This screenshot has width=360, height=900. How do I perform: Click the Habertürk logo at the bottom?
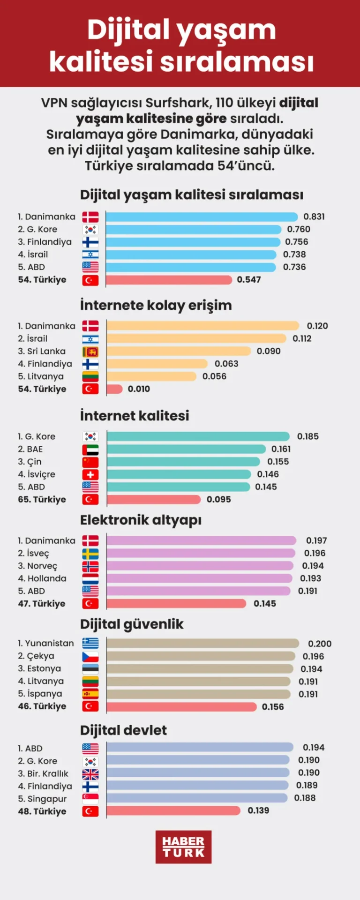coord(183,847)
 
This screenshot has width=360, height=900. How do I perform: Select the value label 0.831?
coord(314,217)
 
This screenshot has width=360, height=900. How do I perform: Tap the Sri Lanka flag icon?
coord(90,352)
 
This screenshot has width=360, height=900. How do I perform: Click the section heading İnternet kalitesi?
coord(135,415)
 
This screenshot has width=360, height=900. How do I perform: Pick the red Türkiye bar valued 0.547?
coord(169,280)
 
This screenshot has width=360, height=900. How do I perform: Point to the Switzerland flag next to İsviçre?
coord(90,474)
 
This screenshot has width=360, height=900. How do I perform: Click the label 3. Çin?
coord(30,462)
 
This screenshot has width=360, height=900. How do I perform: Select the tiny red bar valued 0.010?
coord(114,389)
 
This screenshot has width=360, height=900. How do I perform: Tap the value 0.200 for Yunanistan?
coord(320,644)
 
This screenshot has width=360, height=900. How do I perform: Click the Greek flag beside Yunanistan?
coord(90,643)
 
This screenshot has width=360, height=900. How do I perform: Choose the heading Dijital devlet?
coord(123,730)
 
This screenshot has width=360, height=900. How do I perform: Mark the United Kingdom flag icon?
coord(90,774)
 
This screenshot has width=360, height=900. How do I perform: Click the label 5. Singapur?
coord(42,799)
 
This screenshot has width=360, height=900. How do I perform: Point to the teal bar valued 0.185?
coord(198,436)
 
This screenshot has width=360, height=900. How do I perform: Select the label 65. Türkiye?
coord(42,499)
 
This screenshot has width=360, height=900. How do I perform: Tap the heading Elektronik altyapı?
coord(141,520)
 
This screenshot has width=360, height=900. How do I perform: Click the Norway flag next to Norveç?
coord(90,566)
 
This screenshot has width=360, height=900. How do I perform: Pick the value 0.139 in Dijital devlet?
coord(258,810)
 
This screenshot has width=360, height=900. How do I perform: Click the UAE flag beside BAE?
coord(90,450)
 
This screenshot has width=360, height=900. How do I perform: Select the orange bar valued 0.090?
coord(179,352)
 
